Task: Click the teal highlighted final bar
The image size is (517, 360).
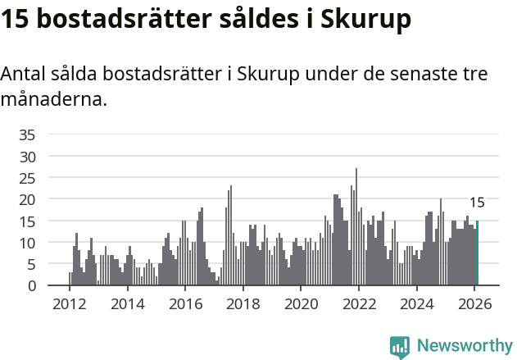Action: point(477,253)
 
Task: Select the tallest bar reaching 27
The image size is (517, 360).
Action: point(356,228)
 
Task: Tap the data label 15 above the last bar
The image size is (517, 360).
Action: point(477,203)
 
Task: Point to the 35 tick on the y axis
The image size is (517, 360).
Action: point(27,134)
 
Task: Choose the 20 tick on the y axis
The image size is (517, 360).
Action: point(27,199)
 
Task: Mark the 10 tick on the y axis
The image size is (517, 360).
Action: point(27,243)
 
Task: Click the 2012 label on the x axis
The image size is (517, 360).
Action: point(69,304)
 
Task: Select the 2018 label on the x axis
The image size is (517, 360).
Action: point(243,304)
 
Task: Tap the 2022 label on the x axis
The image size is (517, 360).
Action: point(358,304)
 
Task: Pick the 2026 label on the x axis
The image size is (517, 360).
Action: point(474,304)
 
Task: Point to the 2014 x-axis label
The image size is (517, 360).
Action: point(126,304)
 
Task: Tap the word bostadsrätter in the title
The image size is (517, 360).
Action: point(116,20)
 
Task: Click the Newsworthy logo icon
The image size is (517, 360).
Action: point(399,346)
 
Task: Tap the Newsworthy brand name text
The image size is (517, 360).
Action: point(464,346)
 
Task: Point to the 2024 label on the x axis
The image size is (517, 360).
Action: point(416,304)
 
